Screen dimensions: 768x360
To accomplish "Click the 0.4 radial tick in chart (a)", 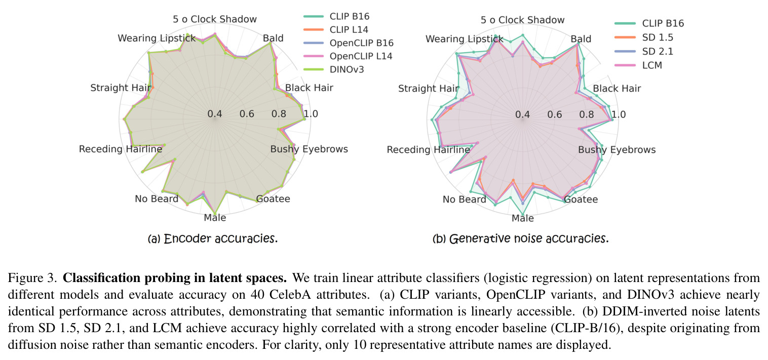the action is (x=215, y=114).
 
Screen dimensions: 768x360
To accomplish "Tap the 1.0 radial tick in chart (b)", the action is (x=619, y=114).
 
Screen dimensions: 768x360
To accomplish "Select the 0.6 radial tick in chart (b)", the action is (x=554, y=114).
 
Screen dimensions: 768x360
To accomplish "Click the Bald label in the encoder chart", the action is (x=273, y=38).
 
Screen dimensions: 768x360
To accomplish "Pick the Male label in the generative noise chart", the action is (x=522, y=218).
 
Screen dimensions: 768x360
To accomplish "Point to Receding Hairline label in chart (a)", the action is (x=121, y=149).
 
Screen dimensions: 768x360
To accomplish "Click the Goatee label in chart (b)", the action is (x=581, y=199).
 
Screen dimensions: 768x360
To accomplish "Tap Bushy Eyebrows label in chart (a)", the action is (x=309, y=149).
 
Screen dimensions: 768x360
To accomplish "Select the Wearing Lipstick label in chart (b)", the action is (x=464, y=39).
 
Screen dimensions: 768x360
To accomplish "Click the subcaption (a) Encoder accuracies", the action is (x=213, y=238).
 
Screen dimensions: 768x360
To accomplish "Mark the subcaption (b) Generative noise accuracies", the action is (x=520, y=238).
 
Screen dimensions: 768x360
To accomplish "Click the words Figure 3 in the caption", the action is (x=32, y=278).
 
